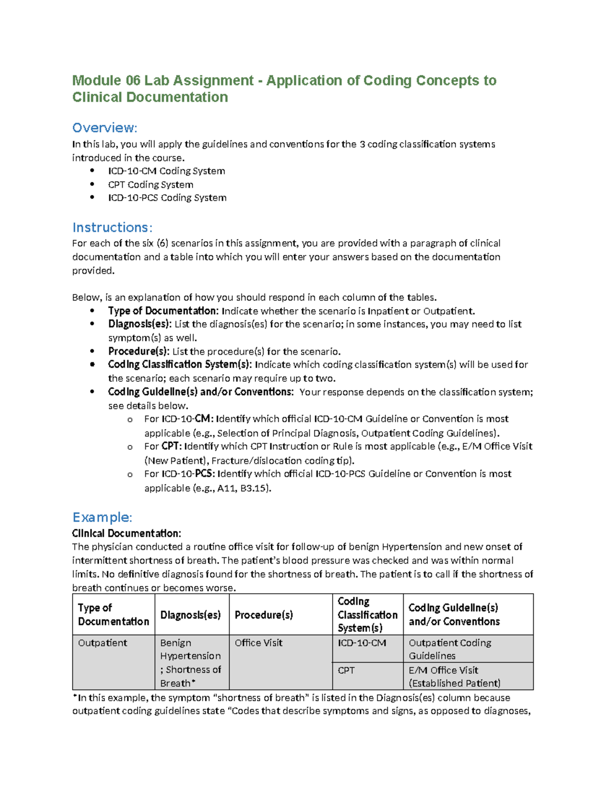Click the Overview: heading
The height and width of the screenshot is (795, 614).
[x=104, y=127]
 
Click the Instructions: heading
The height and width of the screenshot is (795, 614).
[x=112, y=227]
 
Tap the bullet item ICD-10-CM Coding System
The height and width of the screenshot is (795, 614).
[x=166, y=171]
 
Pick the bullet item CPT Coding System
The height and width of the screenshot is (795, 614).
[x=150, y=184]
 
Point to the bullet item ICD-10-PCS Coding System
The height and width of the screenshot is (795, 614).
[x=167, y=198]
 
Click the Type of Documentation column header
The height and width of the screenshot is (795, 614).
[x=113, y=614]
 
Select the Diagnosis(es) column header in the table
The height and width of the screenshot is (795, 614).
[x=190, y=615]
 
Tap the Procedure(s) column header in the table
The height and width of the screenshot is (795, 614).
[x=264, y=615]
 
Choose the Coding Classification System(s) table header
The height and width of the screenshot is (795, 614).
[x=367, y=614]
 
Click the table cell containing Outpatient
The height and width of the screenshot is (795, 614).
[x=102, y=643]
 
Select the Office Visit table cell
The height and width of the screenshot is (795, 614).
[x=258, y=643]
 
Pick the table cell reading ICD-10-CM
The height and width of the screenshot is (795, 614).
[x=362, y=643]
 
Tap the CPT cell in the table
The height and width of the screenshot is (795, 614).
[x=346, y=670]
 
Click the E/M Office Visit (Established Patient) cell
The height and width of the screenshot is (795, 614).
[x=454, y=676]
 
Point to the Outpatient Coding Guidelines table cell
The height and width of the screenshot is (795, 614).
[x=450, y=649]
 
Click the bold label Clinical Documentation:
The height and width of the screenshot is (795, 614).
[x=126, y=533]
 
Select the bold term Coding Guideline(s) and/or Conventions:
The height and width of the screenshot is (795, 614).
[x=201, y=392]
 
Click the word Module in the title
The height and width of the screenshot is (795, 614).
[x=97, y=80]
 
